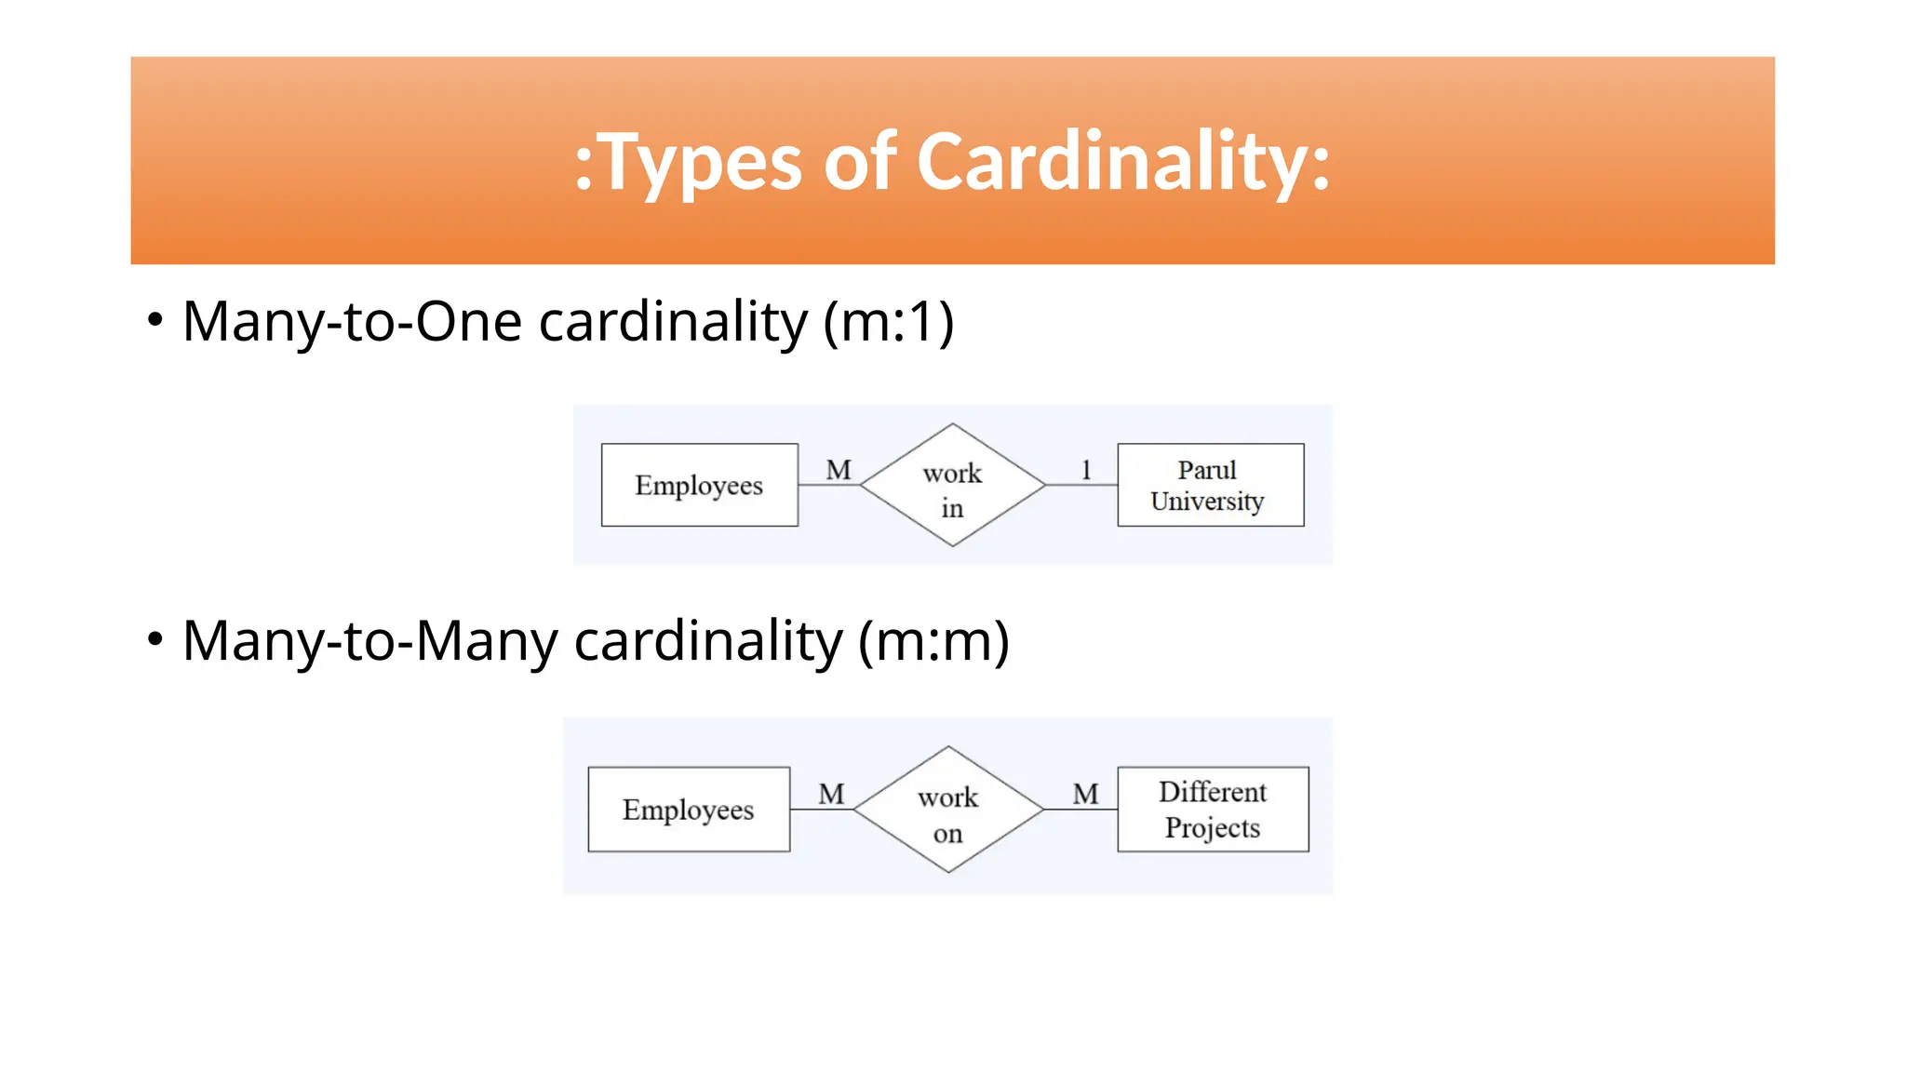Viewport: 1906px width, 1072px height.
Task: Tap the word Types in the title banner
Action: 699,164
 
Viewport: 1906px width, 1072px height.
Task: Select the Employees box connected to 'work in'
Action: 699,485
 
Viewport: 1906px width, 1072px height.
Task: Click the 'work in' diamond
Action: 952,486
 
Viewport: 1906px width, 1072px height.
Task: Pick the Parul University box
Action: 1210,485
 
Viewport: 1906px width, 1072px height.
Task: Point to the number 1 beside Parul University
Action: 1085,470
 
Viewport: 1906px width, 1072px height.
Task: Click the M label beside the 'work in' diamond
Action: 839,470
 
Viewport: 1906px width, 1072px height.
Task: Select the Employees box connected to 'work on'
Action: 689,810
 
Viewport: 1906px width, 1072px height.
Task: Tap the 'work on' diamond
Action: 948,811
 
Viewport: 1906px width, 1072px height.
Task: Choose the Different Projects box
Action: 1213,810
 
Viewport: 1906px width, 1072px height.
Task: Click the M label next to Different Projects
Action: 1085,794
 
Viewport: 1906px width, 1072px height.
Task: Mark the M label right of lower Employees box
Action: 831,794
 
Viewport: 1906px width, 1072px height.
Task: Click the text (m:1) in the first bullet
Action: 889,322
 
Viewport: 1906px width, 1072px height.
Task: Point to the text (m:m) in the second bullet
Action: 933,641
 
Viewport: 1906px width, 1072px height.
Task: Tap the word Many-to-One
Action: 352,322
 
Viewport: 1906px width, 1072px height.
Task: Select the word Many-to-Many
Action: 369,641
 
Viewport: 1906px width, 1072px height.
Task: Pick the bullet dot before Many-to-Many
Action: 155,640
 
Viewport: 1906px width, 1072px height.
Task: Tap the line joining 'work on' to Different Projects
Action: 1081,810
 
